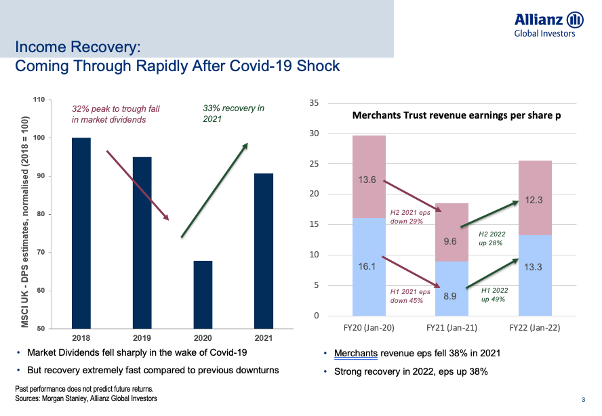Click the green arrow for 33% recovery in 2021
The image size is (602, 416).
pyautogui.click(x=214, y=190)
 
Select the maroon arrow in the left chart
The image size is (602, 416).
pyautogui.click(x=138, y=185)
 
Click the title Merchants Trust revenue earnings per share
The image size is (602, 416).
pyautogui.click(x=457, y=116)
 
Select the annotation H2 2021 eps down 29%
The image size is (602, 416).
pyautogui.click(x=411, y=216)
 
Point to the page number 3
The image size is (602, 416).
pyautogui.click(x=584, y=398)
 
